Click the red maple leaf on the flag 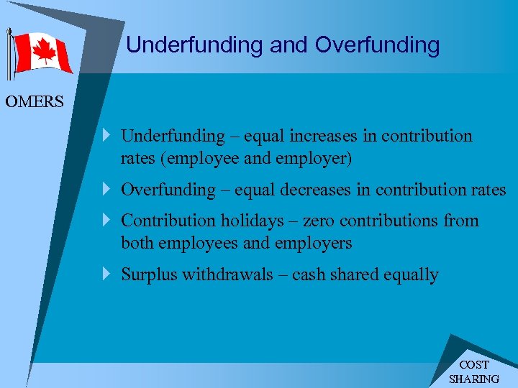[44, 52]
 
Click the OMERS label [35, 102]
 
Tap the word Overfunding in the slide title [377, 45]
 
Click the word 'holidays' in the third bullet [254, 221]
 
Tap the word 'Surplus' [148, 274]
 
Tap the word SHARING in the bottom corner [473, 379]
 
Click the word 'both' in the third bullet [137, 243]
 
